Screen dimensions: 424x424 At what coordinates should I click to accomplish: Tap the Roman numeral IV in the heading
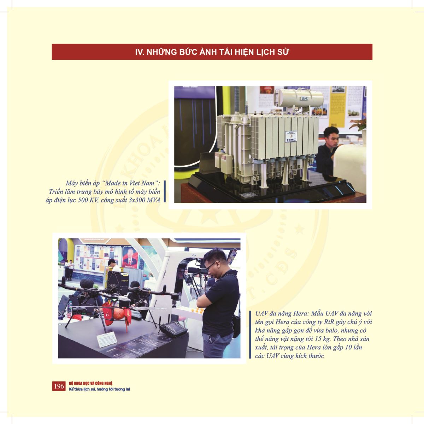[x=139, y=52]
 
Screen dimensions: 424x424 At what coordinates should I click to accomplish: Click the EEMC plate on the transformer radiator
[x=291, y=137]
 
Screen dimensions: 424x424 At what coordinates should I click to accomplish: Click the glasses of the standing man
[x=210, y=266]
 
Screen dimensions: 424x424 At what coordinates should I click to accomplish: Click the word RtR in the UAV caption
[x=329, y=322]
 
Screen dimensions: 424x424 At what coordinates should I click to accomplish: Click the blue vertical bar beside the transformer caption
[x=165, y=191]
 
